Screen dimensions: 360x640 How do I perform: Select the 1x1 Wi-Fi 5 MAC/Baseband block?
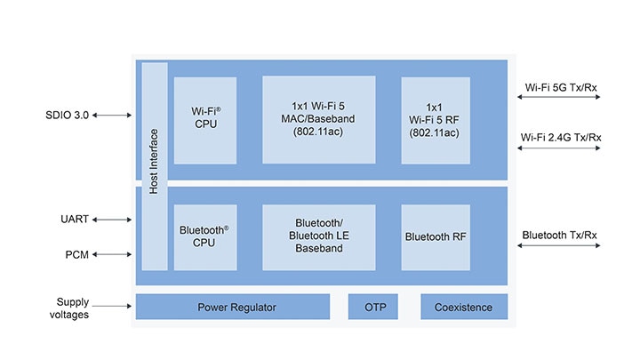[318, 119]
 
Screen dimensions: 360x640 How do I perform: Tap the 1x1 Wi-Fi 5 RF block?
[435, 119]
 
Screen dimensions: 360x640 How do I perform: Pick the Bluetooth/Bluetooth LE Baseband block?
[318, 236]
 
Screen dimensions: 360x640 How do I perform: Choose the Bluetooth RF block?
[435, 236]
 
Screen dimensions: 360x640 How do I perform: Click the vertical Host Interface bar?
[154, 165]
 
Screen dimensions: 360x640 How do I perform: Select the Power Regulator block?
[232, 308]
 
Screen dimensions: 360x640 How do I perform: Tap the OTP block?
[374, 308]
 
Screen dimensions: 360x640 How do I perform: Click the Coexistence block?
[463, 308]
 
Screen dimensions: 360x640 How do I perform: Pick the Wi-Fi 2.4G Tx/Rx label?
[563, 137]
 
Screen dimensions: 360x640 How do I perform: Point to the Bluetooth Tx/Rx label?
[559, 236]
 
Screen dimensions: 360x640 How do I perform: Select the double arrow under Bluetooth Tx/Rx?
[559, 248]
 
